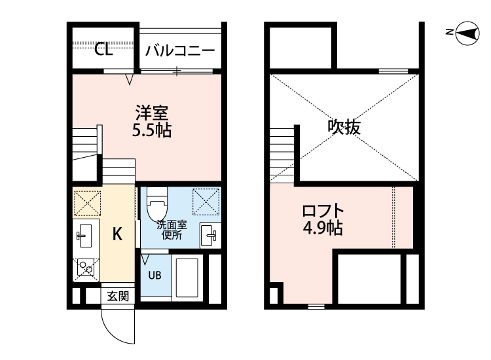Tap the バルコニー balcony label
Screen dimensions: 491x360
180,50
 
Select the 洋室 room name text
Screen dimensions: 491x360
152,113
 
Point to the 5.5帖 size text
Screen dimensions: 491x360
152,130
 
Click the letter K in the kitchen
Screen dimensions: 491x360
117,234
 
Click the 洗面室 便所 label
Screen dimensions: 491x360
172,230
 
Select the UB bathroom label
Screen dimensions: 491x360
155,275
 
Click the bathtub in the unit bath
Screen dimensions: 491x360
187,278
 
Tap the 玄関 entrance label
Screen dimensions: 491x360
118,296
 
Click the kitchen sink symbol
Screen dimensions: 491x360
84,236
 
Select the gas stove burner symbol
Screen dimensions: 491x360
86,268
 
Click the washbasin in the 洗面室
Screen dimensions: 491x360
208,235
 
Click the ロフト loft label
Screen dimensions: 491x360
323,211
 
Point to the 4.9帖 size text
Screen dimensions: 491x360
323,228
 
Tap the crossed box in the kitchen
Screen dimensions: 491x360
87,203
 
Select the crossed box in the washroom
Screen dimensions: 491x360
206,202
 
